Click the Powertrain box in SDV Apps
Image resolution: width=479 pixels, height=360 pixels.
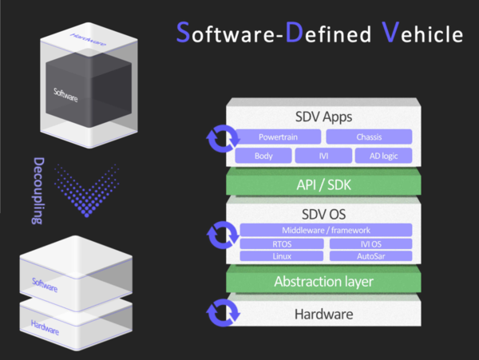278,136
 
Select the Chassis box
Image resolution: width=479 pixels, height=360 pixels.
369,136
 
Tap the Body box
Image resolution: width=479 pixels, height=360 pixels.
263,156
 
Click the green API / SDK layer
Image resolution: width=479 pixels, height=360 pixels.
324,184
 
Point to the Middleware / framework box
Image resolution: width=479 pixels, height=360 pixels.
326,230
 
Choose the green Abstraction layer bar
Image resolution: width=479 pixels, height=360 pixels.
324,281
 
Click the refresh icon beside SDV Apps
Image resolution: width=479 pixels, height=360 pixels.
220,139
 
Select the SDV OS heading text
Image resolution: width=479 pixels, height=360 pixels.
324,214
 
